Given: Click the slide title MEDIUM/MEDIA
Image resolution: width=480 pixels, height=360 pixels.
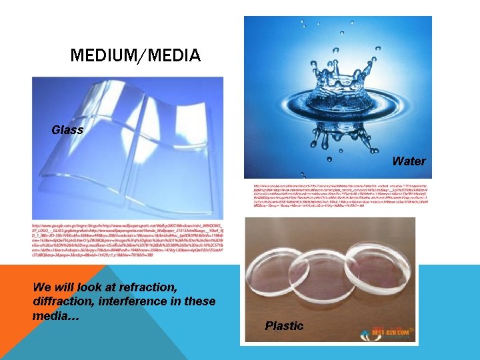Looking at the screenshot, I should tap(135, 55).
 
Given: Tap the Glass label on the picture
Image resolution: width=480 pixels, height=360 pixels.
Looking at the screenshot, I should tap(67, 130).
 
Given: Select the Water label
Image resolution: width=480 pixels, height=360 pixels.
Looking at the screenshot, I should tap(409, 161).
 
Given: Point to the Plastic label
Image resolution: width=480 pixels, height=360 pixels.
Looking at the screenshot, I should tap(284, 326).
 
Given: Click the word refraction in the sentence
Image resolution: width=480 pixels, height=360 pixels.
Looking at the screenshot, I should tap(145, 288).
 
